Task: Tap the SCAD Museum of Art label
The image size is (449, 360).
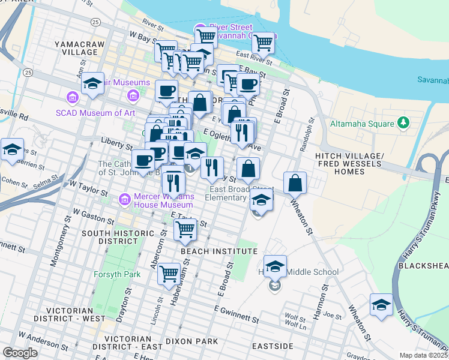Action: coord(104,112)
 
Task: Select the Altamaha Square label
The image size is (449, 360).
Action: coord(361,124)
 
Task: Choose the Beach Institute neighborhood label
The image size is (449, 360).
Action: coord(219,251)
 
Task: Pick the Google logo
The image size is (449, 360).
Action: coord(20,353)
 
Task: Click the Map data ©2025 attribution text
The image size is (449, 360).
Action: coord(424,355)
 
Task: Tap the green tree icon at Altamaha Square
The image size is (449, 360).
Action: coord(404,124)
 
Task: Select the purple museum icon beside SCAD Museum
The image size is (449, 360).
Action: coord(73,96)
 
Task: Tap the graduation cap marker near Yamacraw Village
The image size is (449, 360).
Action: coord(93,83)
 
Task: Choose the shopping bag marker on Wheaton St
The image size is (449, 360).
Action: coord(295,182)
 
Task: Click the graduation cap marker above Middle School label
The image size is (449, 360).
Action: coord(275,266)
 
